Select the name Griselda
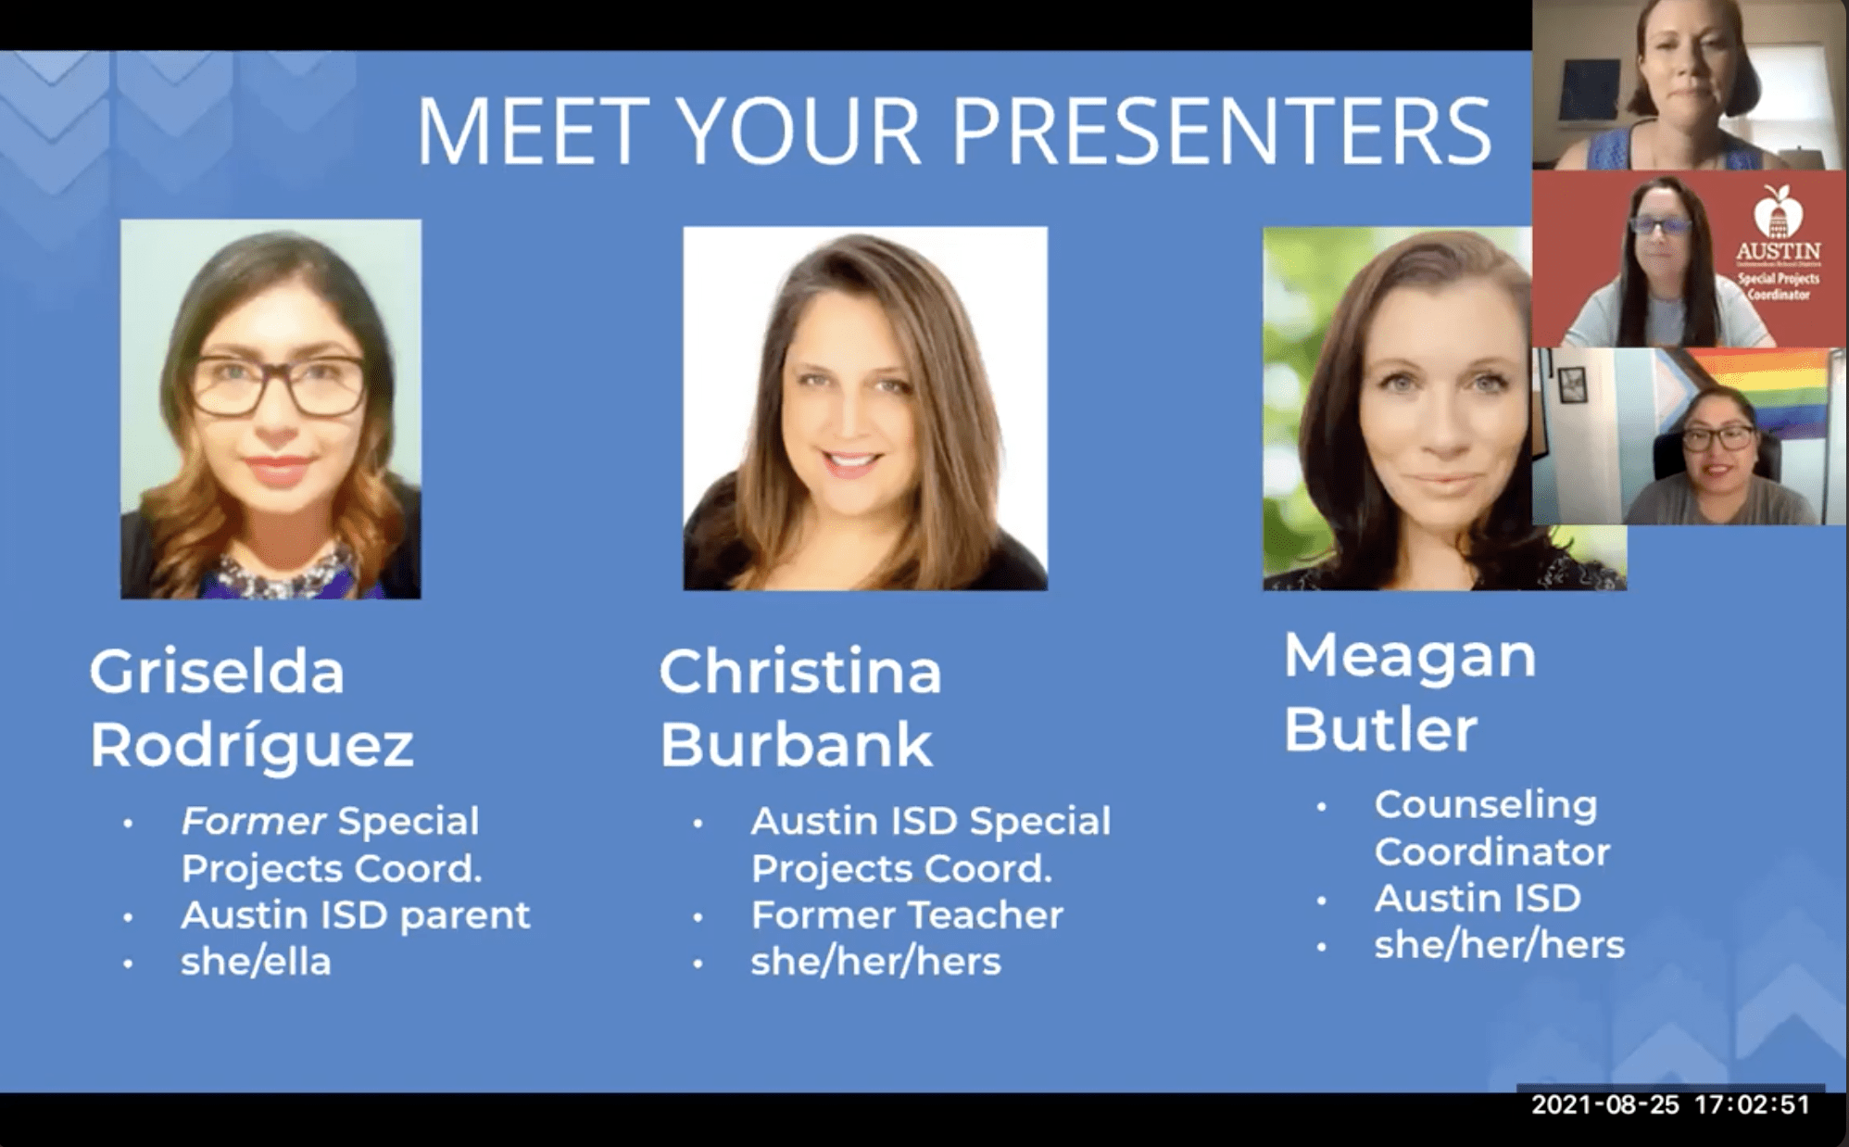pyautogui.click(x=217, y=671)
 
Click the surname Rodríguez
pyautogui.click(x=251, y=744)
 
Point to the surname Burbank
pyautogui.click(x=796, y=744)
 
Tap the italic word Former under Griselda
pyautogui.click(x=253, y=821)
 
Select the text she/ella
pyautogui.click(x=256, y=961)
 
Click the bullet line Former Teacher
pyautogui.click(x=907, y=915)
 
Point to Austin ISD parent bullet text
pyautogui.click(x=356, y=915)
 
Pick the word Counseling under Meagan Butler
pyautogui.click(x=1486, y=805)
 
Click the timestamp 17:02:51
pyautogui.click(x=1752, y=1104)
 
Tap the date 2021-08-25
pyautogui.click(x=1605, y=1104)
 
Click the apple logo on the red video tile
pyautogui.click(x=1778, y=210)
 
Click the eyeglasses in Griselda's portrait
pyautogui.click(x=277, y=385)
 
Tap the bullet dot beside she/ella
pyautogui.click(x=128, y=964)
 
